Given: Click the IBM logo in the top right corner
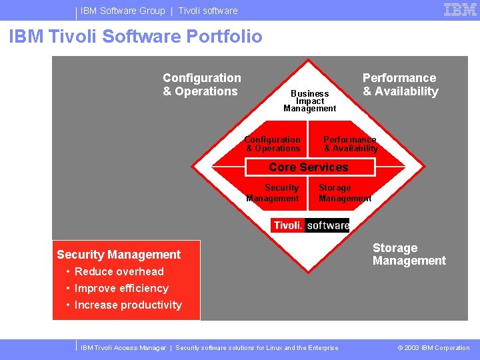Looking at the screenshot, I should pos(460,10).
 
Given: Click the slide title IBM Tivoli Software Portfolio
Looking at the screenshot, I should pos(135,37).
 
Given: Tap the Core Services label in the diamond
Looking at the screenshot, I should pos(308,167).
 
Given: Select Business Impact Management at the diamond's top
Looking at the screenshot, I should pos(309,101).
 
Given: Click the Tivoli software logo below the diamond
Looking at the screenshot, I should pos(310,225).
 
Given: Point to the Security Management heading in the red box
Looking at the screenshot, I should pos(119,255).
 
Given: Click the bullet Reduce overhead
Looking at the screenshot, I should pos(119,271).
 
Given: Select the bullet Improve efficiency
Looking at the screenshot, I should pos(121,288).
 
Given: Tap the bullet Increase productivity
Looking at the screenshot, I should pos(127,305).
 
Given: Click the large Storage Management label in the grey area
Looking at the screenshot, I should pos(409,254).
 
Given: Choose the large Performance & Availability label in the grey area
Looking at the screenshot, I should pos(400,85).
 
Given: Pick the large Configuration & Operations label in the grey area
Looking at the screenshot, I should pos(201,85).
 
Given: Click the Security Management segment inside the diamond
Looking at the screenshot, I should pos(273,193).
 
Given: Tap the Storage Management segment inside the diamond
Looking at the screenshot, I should pos(344,193).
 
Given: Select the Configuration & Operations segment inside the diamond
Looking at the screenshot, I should pos(272,144).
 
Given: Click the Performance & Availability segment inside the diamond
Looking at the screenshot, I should pos(350,144).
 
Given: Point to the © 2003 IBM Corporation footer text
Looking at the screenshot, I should pos(433,347).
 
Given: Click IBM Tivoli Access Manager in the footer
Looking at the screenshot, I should pos(123,347).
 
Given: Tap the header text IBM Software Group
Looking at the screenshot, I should pos(123,11).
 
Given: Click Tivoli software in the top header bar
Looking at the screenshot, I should pos(207,11).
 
